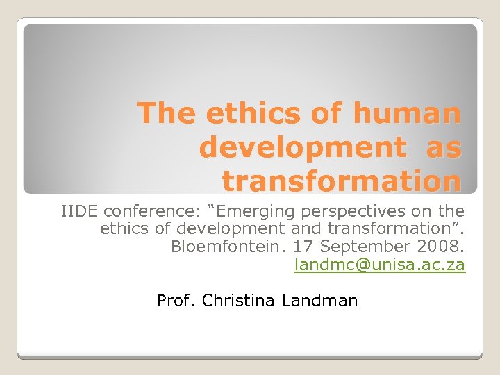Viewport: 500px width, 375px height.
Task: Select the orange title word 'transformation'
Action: (341, 181)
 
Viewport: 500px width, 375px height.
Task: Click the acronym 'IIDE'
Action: (80, 210)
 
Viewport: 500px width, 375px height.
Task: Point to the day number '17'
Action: (303, 247)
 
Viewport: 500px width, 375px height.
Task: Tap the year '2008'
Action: (439, 247)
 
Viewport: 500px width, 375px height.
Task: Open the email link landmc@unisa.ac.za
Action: (380, 265)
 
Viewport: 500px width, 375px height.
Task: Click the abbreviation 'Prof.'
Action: (177, 301)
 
